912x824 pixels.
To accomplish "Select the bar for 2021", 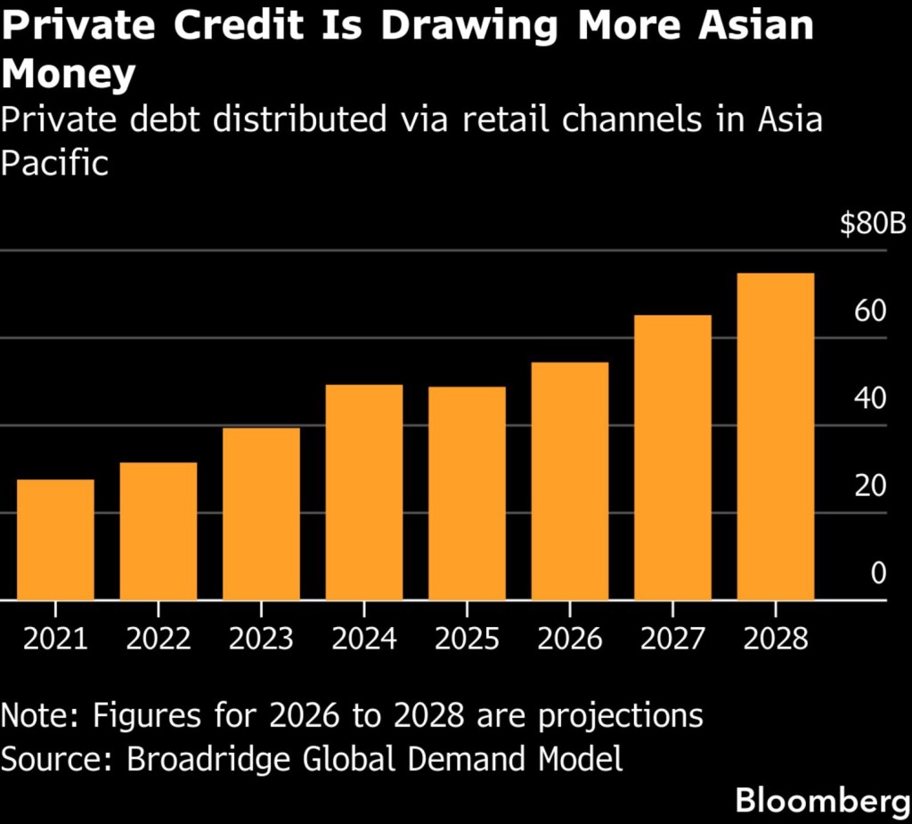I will click(x=55, y=540).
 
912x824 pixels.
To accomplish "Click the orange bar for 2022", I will click(x=159, y=531).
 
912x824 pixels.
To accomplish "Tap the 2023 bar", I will click(x=261, y=514).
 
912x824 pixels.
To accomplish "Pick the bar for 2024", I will click(x=364, y=493).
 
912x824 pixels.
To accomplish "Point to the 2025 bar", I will click(x=468, y=494).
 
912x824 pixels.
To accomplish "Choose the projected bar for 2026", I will click(x=570, y=481).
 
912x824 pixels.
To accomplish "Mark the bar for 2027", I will click(x=673, y=458).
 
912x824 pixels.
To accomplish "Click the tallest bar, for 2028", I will click(x=776, y=436).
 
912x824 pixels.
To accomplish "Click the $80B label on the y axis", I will click(x=872, y=224).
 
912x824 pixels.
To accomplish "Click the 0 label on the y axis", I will click(x=878, y=573).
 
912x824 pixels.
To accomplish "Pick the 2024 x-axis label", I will click(x=364, y=639).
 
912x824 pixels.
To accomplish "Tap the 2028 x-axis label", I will click(x=776, y=639).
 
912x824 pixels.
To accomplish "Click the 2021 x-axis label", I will click(x=55, y=639).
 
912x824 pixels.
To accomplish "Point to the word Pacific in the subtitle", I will click(x=54, y=163).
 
